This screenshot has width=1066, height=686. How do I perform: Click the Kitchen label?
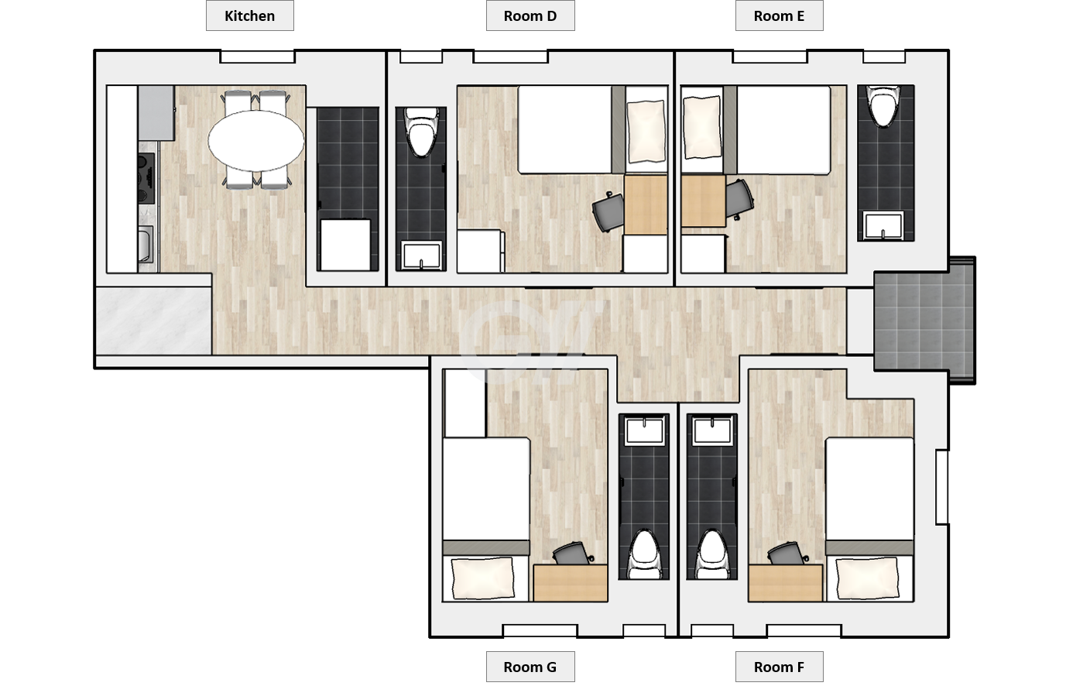tap(249, 15)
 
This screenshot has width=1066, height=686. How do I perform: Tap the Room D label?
tap(530, 15)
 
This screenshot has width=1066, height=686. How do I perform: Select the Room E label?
tap(779, 15)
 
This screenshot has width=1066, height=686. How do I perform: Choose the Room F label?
tap(779, 667)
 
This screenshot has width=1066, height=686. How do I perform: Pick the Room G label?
tap(530, 667)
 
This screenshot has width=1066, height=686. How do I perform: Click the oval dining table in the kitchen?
tap(256, 140)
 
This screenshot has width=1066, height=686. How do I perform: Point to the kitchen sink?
tap(146, 244)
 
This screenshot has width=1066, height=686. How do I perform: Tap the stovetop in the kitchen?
tap(146, 177)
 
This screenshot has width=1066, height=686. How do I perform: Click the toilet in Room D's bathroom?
tap(421, 132)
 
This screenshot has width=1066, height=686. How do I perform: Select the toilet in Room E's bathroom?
tap(883, 105)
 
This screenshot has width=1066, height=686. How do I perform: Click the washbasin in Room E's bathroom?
tap(884, 225)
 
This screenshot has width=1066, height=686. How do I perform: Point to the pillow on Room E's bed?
tap(701, 127)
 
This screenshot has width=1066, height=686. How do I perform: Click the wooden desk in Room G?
tap(570, 583)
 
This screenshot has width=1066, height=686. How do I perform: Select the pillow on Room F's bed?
tap(868, 578)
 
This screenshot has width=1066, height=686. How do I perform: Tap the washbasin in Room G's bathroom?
tap(644, 430)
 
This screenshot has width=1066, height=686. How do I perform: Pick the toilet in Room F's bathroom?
tap(712, 554)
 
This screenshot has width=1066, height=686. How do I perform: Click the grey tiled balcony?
tap(924, 321)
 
